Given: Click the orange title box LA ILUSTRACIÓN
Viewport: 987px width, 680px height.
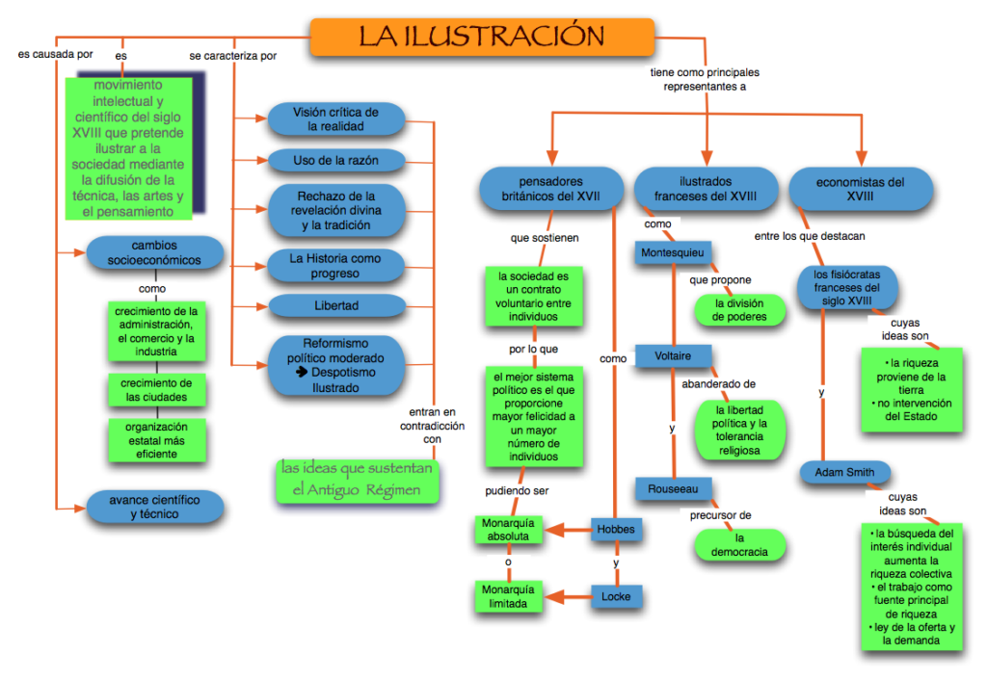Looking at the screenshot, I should (482, 37).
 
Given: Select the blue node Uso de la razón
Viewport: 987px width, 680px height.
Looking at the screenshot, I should (336, 159).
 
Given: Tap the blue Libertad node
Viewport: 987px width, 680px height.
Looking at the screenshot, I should (336, 305).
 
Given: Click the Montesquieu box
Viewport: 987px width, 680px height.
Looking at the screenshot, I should (673, 252).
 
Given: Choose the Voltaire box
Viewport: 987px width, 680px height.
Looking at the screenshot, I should (673, 356).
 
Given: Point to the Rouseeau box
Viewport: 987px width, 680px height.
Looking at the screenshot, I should (673, 488).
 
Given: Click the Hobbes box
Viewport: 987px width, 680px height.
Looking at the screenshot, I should (615, 529).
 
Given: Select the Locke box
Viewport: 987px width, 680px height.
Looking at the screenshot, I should (616, 596).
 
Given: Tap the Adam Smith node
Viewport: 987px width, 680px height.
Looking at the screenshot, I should (844, 473).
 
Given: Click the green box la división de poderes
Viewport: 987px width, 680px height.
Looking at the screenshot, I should (740, 309).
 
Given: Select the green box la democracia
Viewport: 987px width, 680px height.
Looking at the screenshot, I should (740, 545).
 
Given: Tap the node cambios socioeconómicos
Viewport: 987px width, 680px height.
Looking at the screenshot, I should (155, 252).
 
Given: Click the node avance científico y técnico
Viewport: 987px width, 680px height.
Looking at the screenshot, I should (155, 507).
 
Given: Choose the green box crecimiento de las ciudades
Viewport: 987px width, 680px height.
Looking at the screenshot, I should (155, 390).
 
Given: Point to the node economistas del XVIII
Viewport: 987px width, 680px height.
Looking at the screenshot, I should (860, 188).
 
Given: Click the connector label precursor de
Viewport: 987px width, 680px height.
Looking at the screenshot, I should (720, 514).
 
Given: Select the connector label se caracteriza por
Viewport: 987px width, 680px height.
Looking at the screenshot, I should (233, 56).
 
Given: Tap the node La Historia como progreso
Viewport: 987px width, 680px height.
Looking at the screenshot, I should (336, 266).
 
